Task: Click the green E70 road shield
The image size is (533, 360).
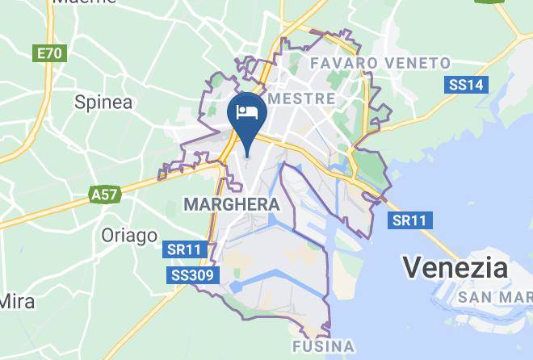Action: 49,54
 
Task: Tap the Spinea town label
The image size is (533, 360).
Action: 103,102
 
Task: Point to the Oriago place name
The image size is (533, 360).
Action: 129,236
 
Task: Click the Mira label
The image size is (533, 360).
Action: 16,301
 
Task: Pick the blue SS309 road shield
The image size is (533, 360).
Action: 193,276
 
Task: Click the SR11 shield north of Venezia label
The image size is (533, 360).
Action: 409,220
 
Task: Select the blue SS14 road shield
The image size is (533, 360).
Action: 466,85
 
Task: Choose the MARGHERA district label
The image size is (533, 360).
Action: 232,205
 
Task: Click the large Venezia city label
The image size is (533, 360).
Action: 455,267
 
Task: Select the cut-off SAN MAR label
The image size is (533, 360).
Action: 495,298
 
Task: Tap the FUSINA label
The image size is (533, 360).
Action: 323,348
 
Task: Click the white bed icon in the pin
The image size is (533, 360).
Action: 247,111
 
